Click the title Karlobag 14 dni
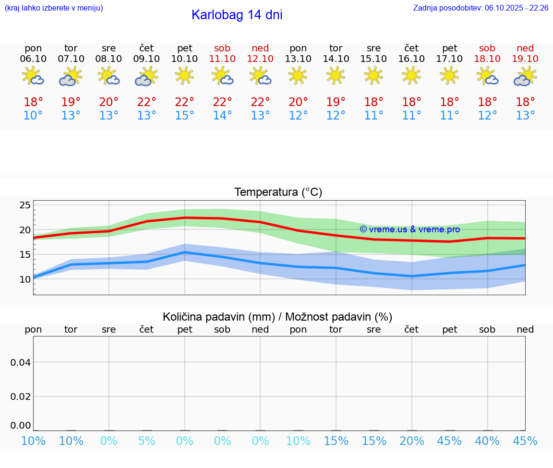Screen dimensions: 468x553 tap(237, 15)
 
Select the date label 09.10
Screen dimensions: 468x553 tap(146, 59)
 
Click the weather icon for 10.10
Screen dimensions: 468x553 tap(184, 76)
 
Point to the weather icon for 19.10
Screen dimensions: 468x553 tap(525, 76)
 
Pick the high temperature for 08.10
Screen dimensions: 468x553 tap(108, 102)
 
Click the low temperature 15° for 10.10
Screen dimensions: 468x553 tap(184, 116)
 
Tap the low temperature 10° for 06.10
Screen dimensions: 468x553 tap(33, 116)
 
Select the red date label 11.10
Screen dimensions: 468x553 tap(222, 59)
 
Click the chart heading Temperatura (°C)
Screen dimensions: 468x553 tap(278, 192)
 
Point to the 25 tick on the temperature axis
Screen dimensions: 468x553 tap(25, 205)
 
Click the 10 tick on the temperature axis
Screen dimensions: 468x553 tap(25, 279)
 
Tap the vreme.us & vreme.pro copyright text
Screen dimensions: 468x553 tap(409, 229)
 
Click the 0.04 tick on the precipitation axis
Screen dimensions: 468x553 tap(21, 362)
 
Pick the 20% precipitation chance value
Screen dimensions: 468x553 tap(412, 441)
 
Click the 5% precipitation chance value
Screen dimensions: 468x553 tap(146, 441)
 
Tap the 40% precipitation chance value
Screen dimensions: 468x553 tap(487, 441)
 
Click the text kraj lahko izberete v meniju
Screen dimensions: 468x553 tap(54, 8)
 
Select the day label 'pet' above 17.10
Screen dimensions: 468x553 tap(450, 48)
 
